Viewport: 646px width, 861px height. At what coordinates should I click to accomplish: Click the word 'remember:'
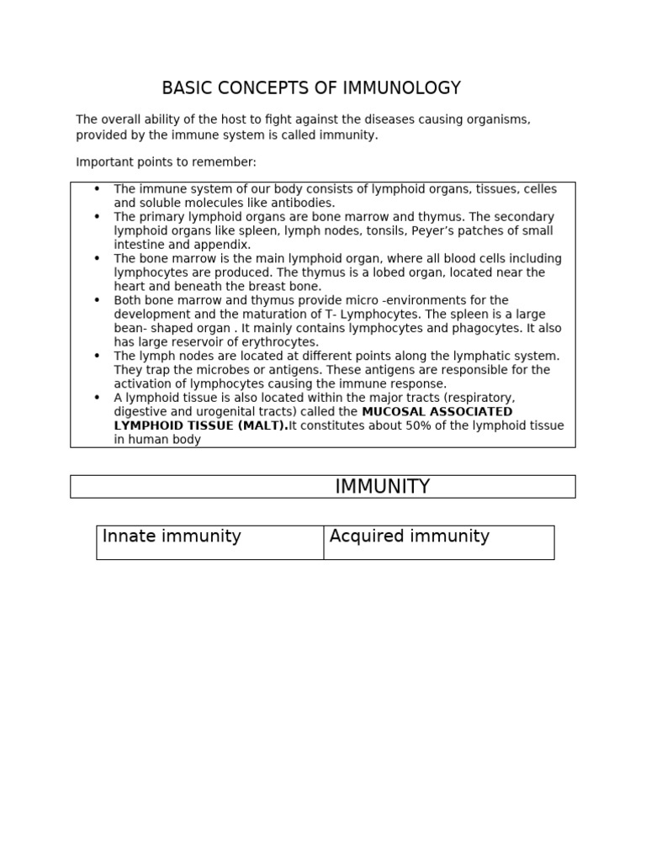(228, 161)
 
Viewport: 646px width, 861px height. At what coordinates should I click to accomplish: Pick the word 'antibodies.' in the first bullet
(304, 203)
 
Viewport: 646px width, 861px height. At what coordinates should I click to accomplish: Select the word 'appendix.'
(223, 245)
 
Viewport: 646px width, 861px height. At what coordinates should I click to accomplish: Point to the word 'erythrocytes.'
(281, 342)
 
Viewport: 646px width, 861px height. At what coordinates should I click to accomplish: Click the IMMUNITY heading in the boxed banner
(382, 487)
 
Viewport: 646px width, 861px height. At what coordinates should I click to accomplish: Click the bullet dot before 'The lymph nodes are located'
(97, 356)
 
